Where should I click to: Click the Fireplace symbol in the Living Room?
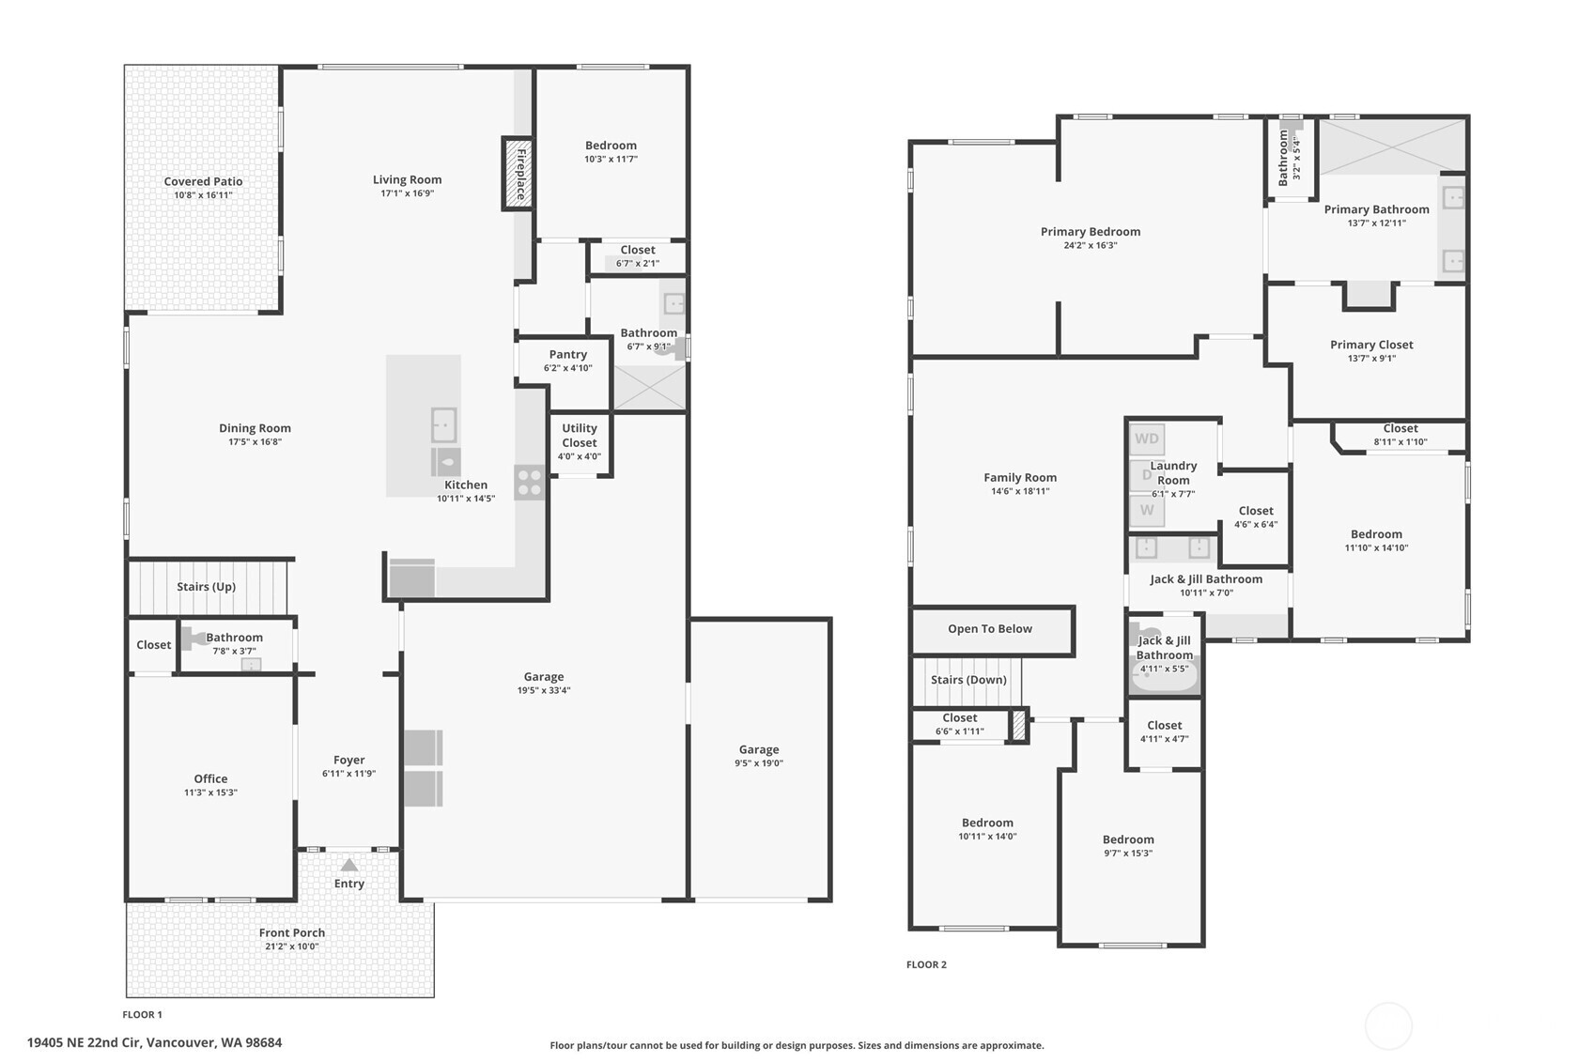pos(518,174)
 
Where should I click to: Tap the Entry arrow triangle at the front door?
pos(348,865)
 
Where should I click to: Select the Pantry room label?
pos(568,354)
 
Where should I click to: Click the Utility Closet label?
pos(580,436)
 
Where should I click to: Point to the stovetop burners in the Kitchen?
pos(529,482)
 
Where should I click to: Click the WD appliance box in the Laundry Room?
pos(1146,439)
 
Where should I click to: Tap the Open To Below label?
pos(990,629)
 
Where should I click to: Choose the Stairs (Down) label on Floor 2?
pos(968,680)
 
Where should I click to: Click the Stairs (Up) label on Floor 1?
pos(207,587)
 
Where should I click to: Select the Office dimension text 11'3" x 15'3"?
pos(210,793)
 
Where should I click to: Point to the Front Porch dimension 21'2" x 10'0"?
pos(292,947)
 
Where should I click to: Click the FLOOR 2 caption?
pos(926,964)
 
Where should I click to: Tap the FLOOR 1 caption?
pos(143,1014)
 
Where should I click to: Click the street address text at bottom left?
pos(154,1043)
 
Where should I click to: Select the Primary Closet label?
pos(1371,345)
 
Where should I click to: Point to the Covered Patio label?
pos(204,181)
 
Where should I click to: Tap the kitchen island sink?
pos(444,425)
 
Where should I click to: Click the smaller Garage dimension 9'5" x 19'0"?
pos(759,763)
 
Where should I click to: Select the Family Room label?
pos(1020,478)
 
